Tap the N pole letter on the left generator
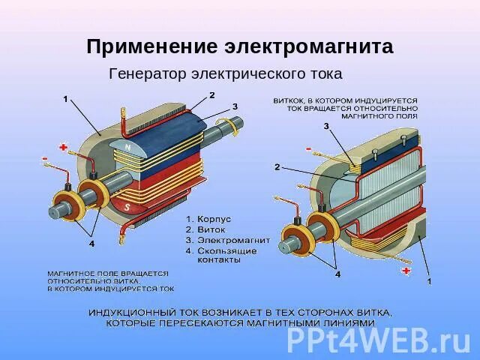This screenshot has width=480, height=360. pos(127,148)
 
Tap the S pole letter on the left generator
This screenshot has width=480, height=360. pos(127,206)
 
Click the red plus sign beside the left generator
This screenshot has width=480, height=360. pos(63,147)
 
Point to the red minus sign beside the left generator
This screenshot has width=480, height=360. pos(46,158)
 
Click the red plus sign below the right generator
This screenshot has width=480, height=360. pos(406,270)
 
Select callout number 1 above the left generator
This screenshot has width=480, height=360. pos(65,98)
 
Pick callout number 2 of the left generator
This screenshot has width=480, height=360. pos(211,95)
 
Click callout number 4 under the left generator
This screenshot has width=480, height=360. pos(91,244)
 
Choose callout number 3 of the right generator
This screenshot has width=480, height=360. pos(326,127)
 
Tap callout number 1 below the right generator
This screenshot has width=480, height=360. pos(429,281)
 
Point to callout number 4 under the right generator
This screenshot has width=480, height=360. pos(337,274)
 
